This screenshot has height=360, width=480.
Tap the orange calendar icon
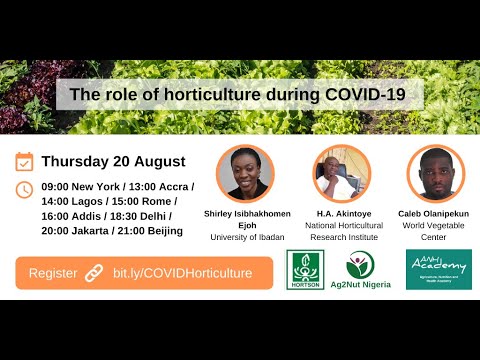(25, 161)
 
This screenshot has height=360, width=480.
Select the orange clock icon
(25, 189)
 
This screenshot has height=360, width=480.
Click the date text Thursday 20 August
(113, 161)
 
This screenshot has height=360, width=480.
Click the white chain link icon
(94, 272)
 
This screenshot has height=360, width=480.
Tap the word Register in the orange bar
(52, 272)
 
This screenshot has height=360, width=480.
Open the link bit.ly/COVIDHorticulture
(182, 272)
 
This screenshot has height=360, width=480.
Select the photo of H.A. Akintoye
(340, 173)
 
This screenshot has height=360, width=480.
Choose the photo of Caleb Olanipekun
(434, 173)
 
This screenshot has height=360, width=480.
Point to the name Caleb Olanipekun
(434, 213)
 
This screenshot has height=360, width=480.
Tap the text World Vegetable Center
(434, 231)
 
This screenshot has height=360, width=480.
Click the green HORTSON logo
(305, 270)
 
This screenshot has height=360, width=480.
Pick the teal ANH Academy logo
(438, 269)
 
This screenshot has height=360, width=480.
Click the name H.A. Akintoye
(340, 213)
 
